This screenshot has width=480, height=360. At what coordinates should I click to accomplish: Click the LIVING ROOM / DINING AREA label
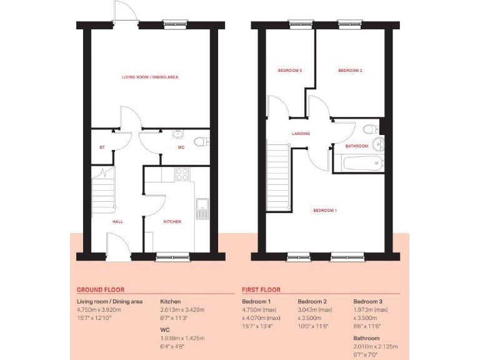tap(150, 77)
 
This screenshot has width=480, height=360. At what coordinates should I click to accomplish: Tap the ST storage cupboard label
tap(101, 147)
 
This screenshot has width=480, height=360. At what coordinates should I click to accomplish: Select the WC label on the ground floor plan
tap(181, 147)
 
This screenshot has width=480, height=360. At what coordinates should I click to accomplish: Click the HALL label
tap(117, 221)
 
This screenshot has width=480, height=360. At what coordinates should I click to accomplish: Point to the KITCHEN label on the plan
tap(172, 221)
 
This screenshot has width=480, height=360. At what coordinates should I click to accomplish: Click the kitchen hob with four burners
tap(182, 174)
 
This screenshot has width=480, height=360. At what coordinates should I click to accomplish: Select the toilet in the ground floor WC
tap(200, 141)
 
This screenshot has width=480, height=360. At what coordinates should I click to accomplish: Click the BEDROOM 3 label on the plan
tap(290, 71)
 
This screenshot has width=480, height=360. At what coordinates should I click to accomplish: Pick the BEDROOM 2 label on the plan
tap(350, 71)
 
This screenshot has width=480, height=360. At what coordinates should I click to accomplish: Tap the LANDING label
tap(301, 134)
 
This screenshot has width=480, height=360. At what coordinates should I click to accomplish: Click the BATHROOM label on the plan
tap(357, 146)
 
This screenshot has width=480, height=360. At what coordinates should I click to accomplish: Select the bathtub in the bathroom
tap(363, 164)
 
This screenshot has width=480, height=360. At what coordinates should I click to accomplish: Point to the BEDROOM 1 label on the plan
tap(325, 211)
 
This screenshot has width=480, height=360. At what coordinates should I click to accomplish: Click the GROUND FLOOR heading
tap(101, 290)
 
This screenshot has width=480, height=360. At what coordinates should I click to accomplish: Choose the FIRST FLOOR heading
tap(261, 290)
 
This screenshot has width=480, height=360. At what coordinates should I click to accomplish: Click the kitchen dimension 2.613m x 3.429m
tap(182, 310)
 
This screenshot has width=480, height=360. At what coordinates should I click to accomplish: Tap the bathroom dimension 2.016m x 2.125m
tap(376, 346)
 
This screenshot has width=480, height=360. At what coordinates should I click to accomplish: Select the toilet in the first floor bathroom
tap(369, 129)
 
